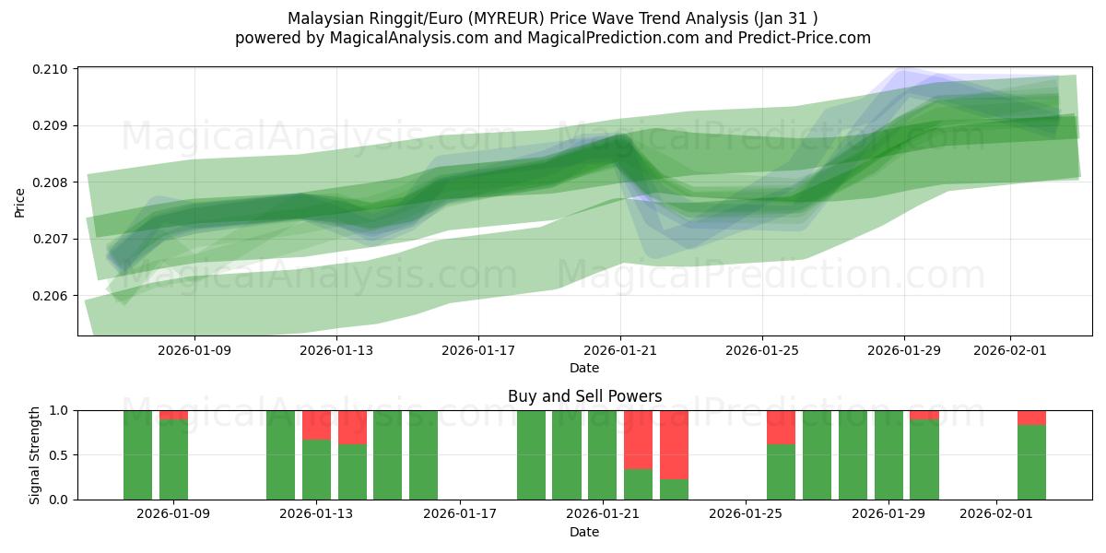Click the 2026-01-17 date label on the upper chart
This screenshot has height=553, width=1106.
tap(477, 350)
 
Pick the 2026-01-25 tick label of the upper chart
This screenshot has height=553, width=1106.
tap(761, 350)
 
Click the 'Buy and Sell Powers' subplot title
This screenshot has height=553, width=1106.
tap(584, 396)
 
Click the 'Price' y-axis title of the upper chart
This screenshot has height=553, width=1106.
tap(20, 201)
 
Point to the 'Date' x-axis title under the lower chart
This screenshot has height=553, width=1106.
tap(584, 532)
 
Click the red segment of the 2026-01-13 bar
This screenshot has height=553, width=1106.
tap(316, 425)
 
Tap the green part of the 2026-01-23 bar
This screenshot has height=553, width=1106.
tap(674, 489)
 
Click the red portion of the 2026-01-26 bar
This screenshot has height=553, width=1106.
tap(781, 427)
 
